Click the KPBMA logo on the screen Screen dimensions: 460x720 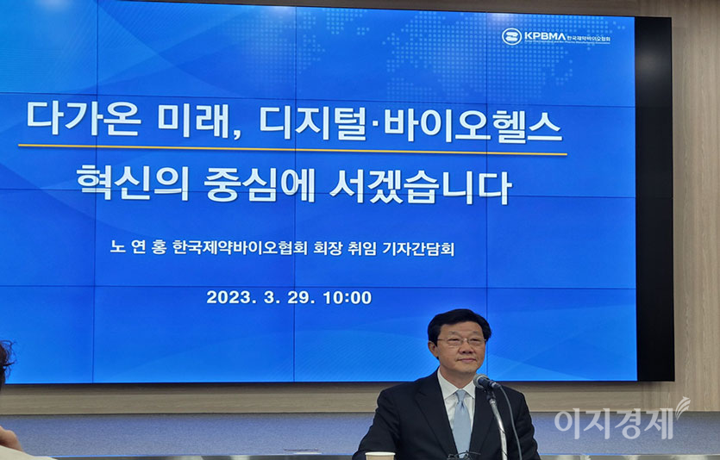pyautogui.click(x=511, y=36)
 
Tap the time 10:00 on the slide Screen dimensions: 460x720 pyautogui.click(x=347, y=298)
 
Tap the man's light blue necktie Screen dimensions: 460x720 pyautogui.click(x=461, y=422)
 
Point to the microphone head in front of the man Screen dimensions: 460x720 pyautogui.click(x=485, y=382)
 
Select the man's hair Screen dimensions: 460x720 pyautogui.click(x=459, y=320)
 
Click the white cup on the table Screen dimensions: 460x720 pyautogui.click(x=379, y=456)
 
